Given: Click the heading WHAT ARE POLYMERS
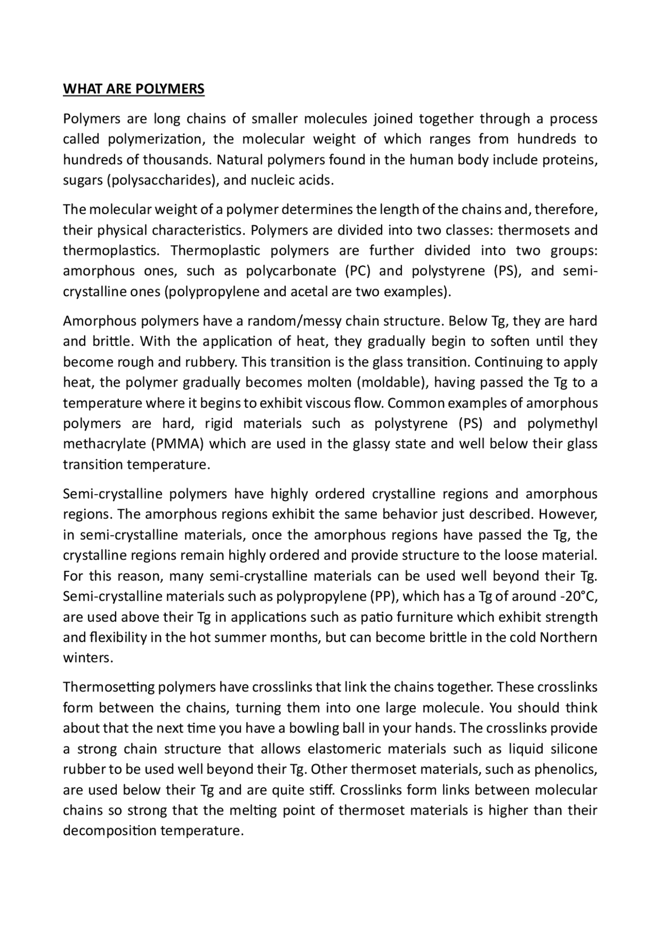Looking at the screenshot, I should click(x=134, y=89).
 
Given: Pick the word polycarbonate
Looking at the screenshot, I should click(x=291, y=271).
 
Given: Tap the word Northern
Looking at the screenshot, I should click(x=568, y=637).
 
